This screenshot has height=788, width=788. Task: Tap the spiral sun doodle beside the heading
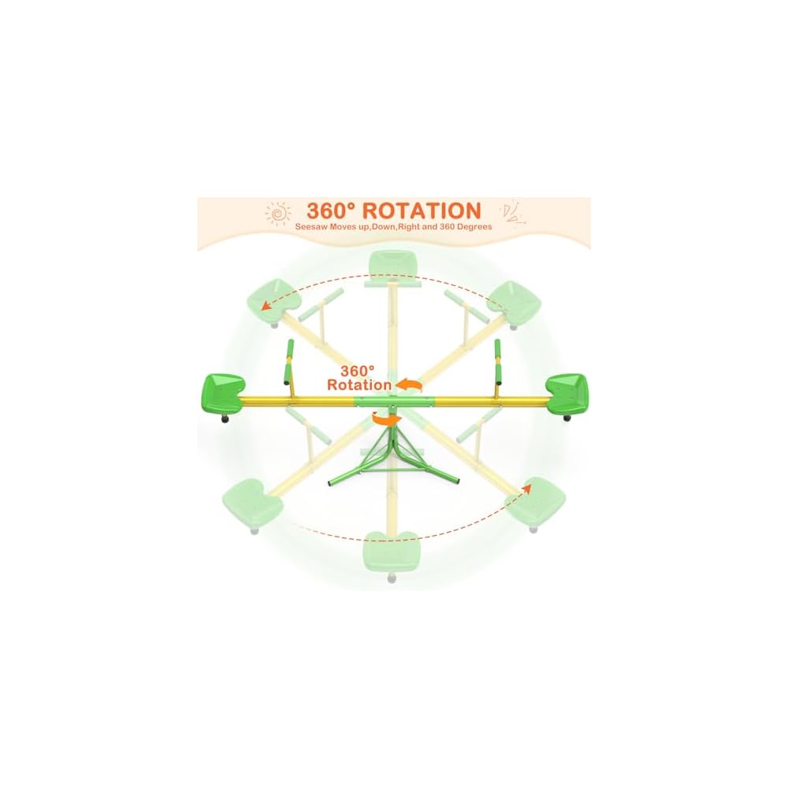tap(277, 213)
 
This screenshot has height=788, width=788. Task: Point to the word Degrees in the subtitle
tap(474, 227)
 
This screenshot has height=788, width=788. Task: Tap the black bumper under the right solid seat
tap(567, 419)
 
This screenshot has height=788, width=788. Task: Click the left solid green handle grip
tap(288, 348)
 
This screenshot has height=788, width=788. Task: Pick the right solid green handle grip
tap(498, 348)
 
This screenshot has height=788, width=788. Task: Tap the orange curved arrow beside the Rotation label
tap(408, 385)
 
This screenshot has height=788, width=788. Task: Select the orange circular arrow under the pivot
tap(386, 420)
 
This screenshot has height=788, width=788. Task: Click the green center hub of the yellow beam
tap(392, 401)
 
